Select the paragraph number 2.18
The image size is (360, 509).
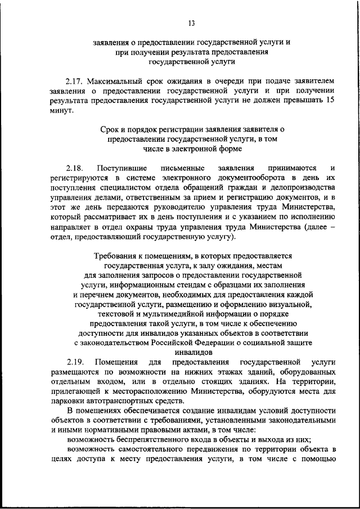(74, 168)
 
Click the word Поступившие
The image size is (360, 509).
(122, 168)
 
